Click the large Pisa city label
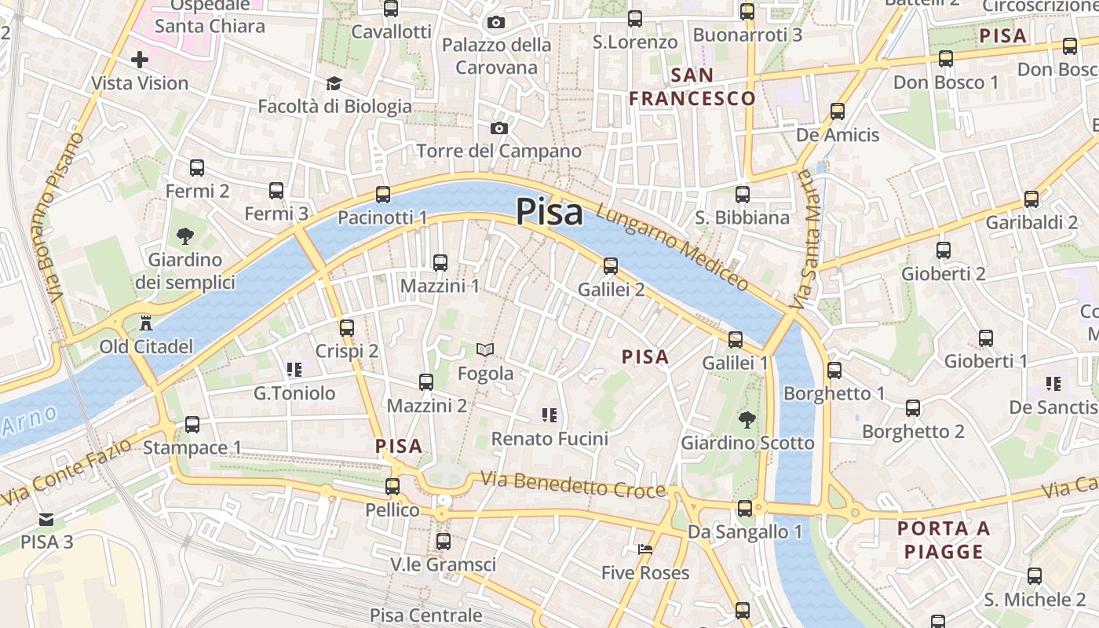coord(549,212)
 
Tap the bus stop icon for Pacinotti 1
coord(383,194)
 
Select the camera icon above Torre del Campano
coord(498,128)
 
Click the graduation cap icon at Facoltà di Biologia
coord(334,83)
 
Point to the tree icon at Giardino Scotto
coord(747,420)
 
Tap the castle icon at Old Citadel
coord(145,323)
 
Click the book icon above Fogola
coord(486,350)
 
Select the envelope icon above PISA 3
coord(46,519)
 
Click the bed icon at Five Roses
coord(645,549)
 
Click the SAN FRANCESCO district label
coord(692,87)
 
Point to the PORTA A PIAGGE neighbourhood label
coord(944,540)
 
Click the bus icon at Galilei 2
coord(611,266)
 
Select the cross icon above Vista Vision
coord(140,60)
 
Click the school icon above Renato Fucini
coord(549,414)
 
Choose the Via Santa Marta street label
coord(803,240)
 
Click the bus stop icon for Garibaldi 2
coord(1031,199)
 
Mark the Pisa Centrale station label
coord(426,615)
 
